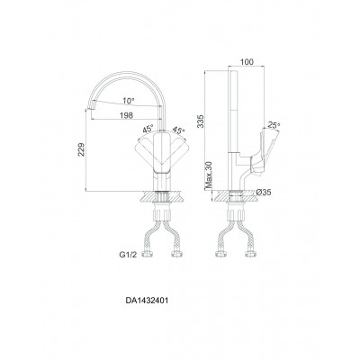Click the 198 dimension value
(126, 115)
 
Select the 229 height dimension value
(82, 149)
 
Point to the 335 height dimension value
(200, 121)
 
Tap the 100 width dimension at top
(247, 62)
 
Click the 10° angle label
(128, 101)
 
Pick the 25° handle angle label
(274, 124)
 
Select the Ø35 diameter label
(264, 193)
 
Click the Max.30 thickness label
(209, 175)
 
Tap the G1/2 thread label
(128, 255)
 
